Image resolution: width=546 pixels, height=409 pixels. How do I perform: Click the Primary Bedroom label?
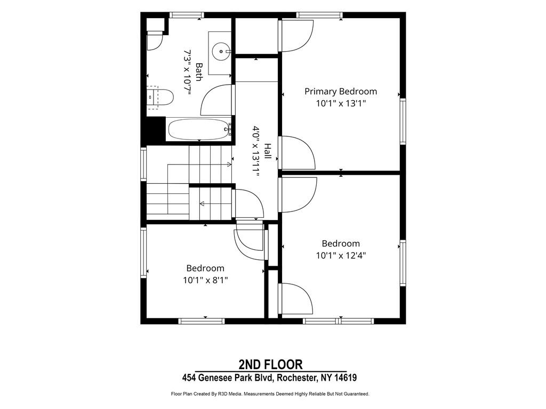341,92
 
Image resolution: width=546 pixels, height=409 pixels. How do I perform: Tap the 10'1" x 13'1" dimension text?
341,104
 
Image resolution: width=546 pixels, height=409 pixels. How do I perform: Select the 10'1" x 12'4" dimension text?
341,256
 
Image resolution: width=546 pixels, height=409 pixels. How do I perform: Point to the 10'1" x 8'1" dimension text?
205,280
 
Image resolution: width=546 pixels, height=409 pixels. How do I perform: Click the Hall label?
268,151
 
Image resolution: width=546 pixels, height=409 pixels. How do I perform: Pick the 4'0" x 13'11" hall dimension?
256,151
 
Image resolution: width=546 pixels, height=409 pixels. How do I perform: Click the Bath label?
199,72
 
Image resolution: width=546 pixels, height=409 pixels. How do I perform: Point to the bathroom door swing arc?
209,94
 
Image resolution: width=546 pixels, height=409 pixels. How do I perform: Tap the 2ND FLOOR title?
270,364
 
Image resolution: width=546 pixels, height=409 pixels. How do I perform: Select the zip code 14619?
346,378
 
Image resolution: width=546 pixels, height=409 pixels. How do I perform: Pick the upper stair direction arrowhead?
229,164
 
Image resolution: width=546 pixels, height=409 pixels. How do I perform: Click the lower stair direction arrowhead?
202,203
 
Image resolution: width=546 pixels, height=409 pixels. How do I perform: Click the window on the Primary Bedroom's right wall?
403,121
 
